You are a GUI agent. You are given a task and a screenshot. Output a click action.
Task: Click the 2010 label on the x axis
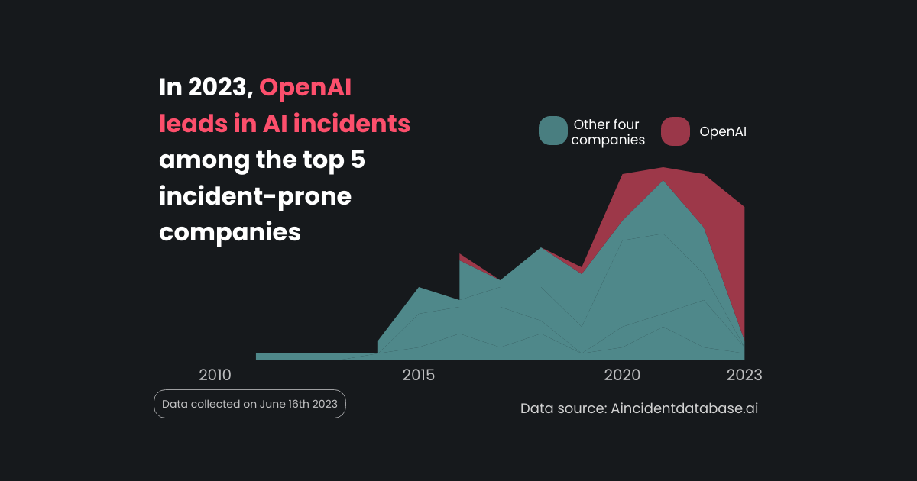coord(215,375)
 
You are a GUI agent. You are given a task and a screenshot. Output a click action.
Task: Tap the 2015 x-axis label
coord(419,375)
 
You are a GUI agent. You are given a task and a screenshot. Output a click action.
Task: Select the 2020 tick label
coord(622,375)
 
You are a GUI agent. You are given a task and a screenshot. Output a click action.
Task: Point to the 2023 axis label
coord(744,375)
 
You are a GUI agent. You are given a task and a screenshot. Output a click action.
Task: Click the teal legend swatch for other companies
coord(552,131)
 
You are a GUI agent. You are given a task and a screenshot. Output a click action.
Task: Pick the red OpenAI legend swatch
coord(676,131)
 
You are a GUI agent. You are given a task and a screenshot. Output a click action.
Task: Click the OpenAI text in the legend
coord(723,131)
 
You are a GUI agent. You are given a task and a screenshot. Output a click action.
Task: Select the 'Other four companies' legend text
coord(608,131)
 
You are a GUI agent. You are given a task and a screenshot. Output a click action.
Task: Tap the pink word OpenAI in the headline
coord(305,88)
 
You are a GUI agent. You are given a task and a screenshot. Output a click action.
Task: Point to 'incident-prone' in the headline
coord(255,196)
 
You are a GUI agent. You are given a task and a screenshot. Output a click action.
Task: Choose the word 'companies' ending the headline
coord(229,232)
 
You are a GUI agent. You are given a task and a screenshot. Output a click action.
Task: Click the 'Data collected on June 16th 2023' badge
coord(250,404)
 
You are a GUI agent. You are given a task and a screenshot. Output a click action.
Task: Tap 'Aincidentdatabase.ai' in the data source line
coord(685,408)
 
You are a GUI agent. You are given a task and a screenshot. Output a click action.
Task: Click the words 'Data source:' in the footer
coord(563,408)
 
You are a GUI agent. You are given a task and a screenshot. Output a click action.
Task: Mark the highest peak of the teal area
coord(663,182)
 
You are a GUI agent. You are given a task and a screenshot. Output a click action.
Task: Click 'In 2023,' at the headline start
coord(206,88)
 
